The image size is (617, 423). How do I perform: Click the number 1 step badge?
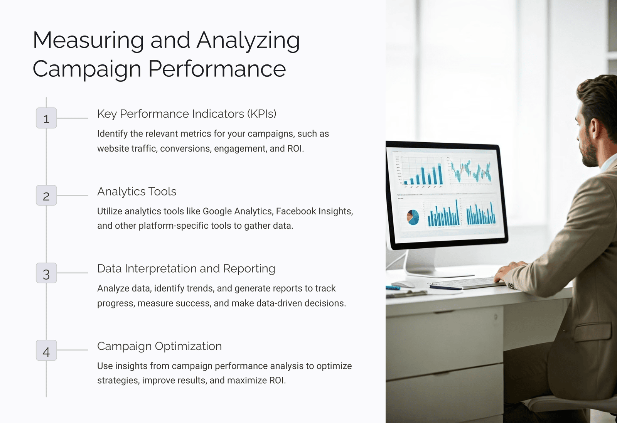click(x=46, y=118)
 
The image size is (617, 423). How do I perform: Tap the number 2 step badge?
click(x=46, y=195)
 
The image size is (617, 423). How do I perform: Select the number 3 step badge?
click(x=46, y=273)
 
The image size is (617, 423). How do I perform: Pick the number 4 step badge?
click(x=46, y=350)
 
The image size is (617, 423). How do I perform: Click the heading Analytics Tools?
click(x=137, y=191)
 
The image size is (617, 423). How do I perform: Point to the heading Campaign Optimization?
click(x=160, y=346)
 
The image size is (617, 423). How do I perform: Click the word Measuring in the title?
click(x=88, y=40)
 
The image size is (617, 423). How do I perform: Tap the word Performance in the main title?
click(x=217, y=69)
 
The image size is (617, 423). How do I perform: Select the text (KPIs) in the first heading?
click(x=262, y=114)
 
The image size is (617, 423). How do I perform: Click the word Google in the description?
click(x=217, y=211)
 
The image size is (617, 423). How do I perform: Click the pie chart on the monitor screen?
click(x=413, y=217)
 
